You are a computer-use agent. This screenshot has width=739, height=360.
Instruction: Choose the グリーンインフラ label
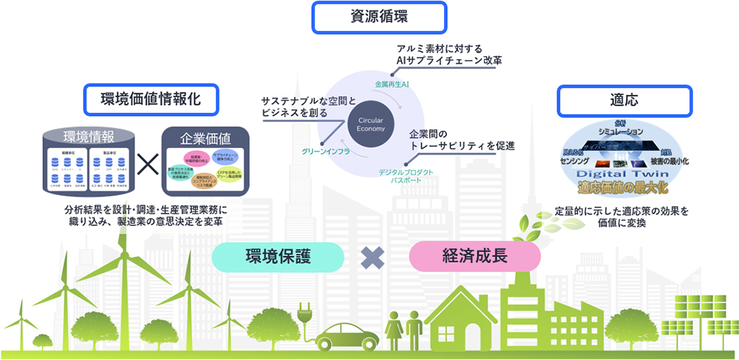[326, 150]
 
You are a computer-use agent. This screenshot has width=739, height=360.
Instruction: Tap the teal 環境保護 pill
[278, 257]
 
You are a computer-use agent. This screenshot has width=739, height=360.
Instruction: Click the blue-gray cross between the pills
[375, 257]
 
